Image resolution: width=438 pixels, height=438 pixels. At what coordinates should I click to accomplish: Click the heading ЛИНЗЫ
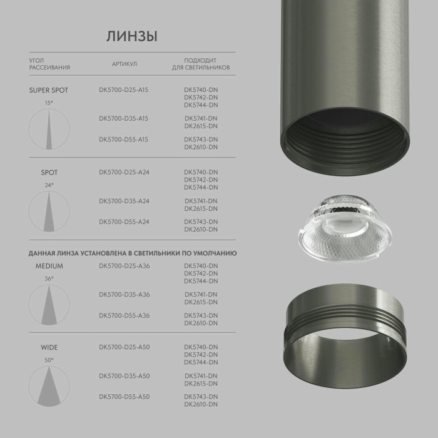click(x=131, y=36)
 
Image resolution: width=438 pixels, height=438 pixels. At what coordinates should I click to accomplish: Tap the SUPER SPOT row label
click(x=48, y=90)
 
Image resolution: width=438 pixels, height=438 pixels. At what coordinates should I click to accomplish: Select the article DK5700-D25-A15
click(x=123, y=90)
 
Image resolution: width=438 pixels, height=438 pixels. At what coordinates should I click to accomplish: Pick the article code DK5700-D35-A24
click(x=123, y=201)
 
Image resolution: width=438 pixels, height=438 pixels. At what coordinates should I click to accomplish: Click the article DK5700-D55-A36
click(x=124, y=315)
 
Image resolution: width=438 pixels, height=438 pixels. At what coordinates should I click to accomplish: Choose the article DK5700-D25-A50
click(x=124, y=347)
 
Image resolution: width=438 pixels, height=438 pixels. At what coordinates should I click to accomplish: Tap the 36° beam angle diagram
click(x=49, y=304)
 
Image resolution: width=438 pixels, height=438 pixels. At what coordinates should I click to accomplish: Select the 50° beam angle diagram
click(x=49, y=385)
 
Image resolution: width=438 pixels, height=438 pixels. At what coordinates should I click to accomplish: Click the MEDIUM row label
click(x=49, y=266)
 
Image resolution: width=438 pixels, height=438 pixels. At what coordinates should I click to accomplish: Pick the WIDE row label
click(x=49, y=347)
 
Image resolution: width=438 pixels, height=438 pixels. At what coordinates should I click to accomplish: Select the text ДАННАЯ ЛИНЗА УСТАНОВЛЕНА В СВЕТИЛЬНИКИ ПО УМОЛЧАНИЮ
click(x=132, y=253)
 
